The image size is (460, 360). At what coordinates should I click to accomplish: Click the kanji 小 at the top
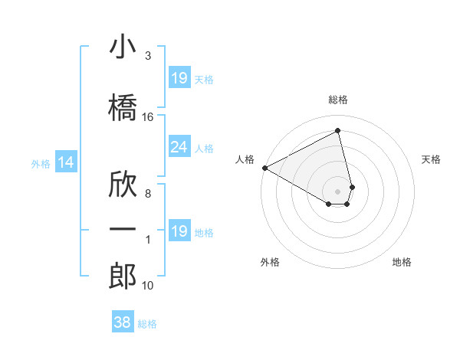pos(123,47)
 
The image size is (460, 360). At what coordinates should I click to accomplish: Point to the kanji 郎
pos(123,276)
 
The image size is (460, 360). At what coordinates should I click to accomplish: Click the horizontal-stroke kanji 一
pos(123,229)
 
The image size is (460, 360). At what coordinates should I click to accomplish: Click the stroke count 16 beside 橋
pos(148,117)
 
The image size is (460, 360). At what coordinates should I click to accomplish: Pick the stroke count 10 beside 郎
pos(148,286)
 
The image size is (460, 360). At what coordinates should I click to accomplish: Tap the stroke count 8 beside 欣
pos(148,193)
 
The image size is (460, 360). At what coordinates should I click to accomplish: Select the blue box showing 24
pos(179,147)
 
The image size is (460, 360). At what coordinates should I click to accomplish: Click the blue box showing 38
pos(123,322)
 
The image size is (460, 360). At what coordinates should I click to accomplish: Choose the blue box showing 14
pos(66,162)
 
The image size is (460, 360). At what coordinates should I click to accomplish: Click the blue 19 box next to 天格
pos(179,78)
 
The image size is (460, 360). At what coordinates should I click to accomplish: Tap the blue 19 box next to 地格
pos(179,231)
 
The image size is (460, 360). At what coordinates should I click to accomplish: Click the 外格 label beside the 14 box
pos(41,163)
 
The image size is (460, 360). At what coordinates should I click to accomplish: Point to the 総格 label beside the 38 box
pos(148,324)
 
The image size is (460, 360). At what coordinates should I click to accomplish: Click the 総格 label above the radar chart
pos(338,100)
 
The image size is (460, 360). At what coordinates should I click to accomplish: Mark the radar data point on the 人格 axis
pos(264,167)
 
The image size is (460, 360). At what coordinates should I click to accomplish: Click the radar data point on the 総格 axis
pos(338,130)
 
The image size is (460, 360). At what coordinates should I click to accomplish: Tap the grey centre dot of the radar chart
pos(338,191)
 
